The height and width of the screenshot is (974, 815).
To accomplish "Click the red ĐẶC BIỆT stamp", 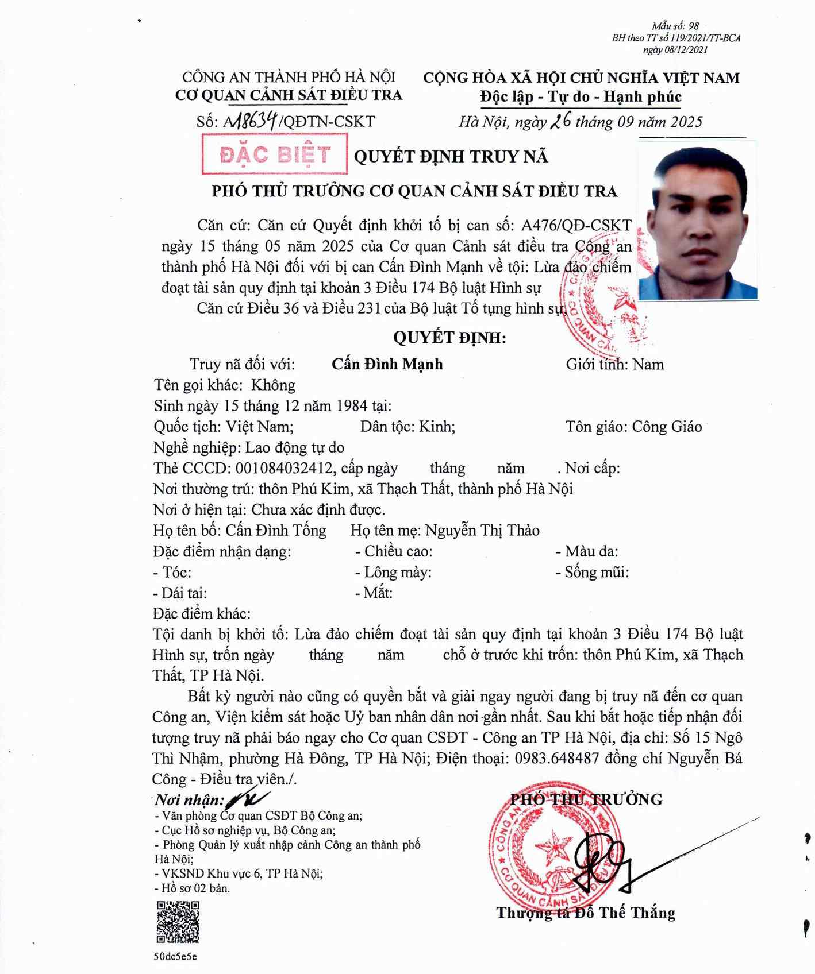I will (x=275, y=154).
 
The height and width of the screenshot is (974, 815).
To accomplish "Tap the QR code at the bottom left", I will (x=178, y=922).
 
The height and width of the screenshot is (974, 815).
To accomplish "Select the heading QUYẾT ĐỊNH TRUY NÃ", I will (x=451, y=156).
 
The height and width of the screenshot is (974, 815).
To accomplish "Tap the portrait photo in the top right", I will (x=698, y=222).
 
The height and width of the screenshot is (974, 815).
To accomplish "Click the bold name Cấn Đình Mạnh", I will (x=387, y=364).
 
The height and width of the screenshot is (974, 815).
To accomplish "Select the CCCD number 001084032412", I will (x=284, y=468).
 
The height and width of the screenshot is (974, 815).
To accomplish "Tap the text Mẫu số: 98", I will (x=675, y=26).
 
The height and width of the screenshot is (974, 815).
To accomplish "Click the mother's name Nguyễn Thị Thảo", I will (x=482, y=530).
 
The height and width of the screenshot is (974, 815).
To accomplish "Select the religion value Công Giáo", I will (x=667, y=427).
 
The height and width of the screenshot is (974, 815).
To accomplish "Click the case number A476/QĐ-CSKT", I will (x=576, y=225).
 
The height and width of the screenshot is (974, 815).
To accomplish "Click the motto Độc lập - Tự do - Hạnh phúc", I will (x=581, y=96).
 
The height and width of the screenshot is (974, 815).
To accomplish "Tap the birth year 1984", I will (x=349, y=406).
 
